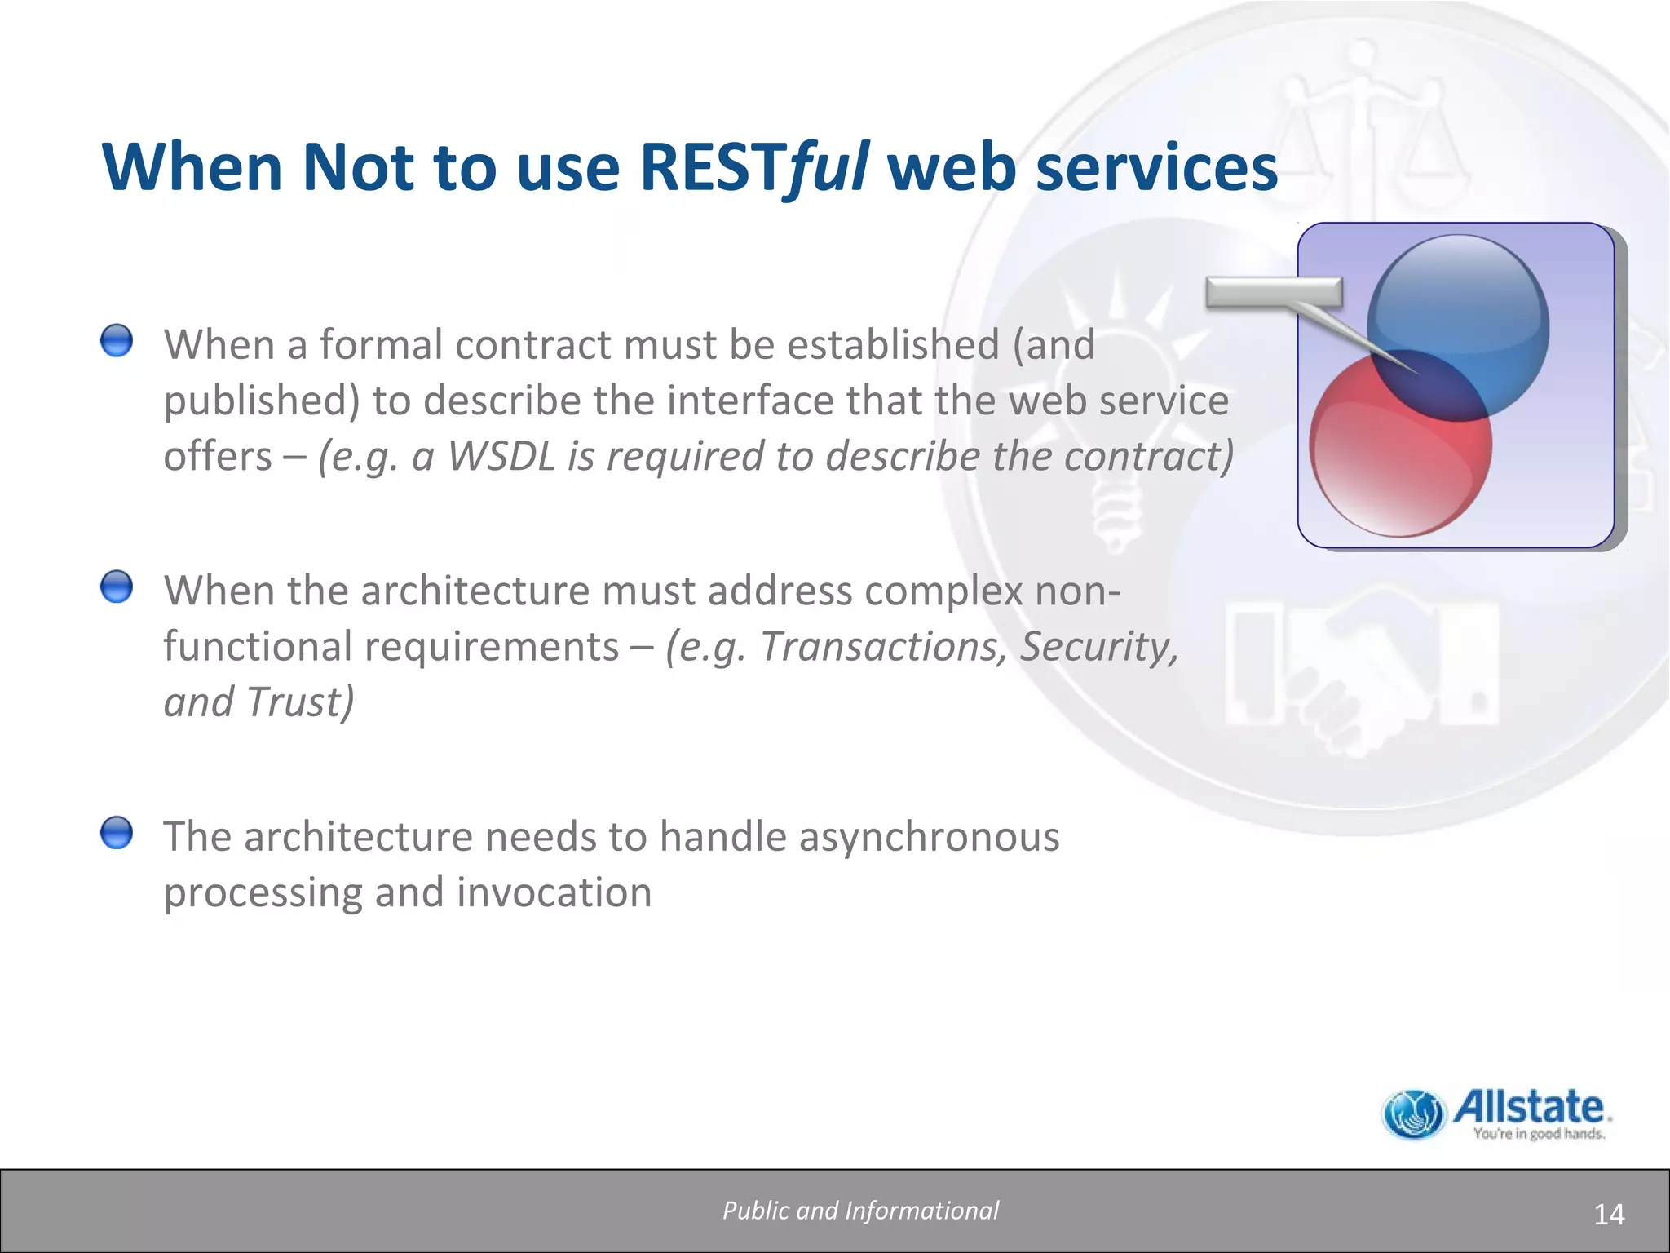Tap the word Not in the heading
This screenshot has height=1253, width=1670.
point(358,167)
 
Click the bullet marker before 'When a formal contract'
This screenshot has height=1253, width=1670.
point(117,340)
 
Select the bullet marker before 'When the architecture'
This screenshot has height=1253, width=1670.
point(117,587)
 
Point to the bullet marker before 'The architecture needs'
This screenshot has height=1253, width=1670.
point(117,833)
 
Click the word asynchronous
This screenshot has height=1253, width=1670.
point(929,837)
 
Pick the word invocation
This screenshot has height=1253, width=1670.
point(554,892)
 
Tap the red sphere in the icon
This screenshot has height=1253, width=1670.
point(1386,465)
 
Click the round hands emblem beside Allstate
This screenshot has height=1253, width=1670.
point(1414,1114)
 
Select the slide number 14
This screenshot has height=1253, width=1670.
point(1609,1215)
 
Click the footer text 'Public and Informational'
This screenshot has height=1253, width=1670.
point(860,1211)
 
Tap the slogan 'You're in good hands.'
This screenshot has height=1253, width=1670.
point(1539,1134)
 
